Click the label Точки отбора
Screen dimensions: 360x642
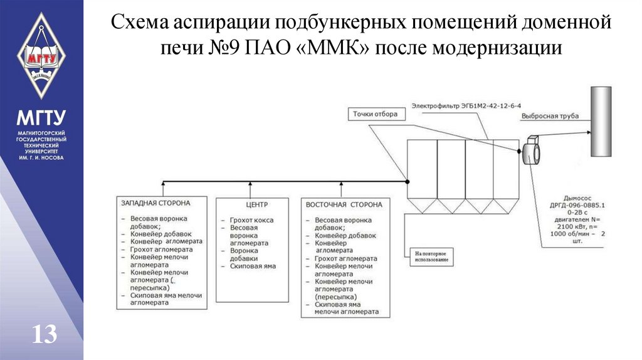tap(375, 114)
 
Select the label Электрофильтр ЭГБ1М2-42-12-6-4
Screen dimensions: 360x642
tap(466, 105)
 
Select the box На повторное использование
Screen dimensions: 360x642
tap(433, 255)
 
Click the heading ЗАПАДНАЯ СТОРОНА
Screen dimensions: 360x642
tap(155, 203)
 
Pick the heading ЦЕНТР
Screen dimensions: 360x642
tap(252, 204)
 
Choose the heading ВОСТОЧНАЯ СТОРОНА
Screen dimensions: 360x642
tap(344, 204)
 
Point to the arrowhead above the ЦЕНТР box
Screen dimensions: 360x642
tap(251, 184)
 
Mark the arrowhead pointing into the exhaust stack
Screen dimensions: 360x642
tap(587, 132)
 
